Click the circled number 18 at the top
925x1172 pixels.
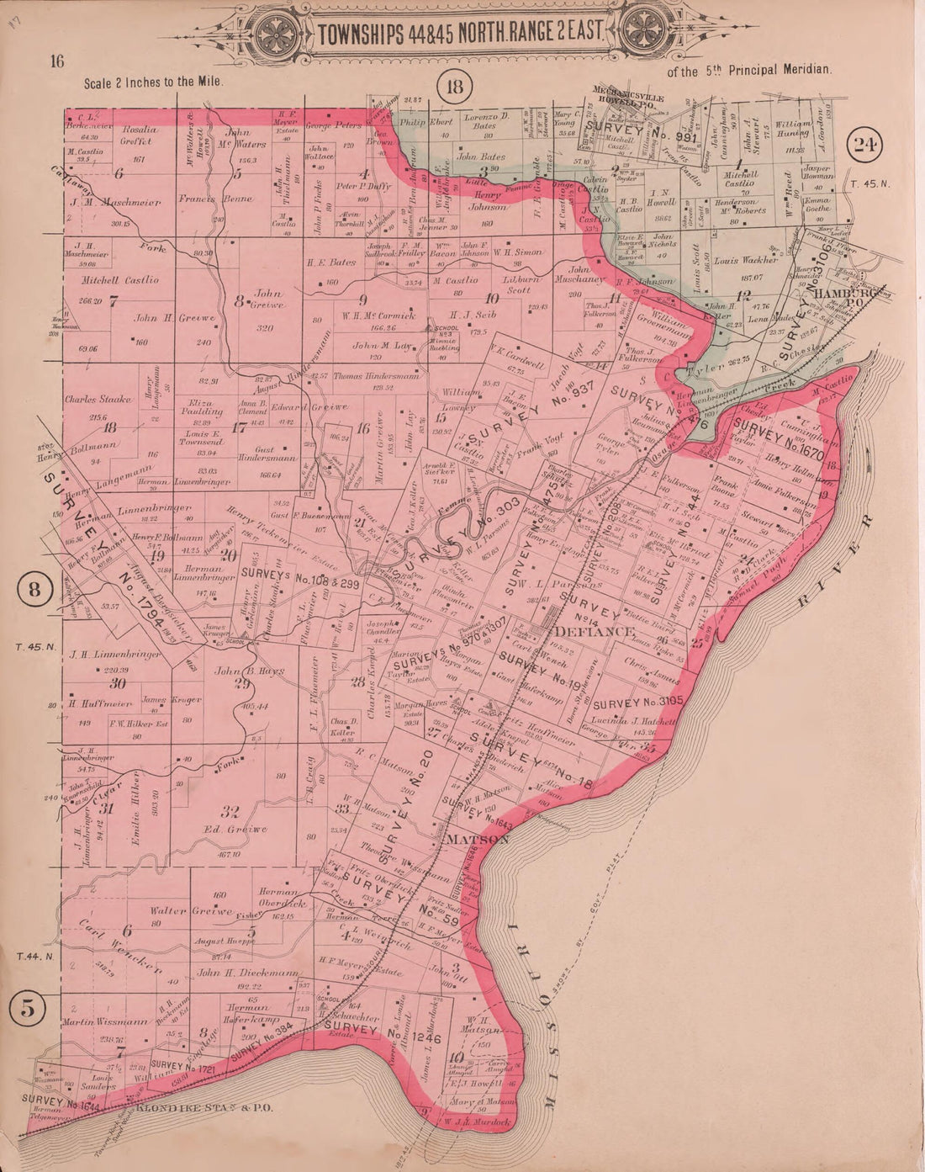(x=456, y=86)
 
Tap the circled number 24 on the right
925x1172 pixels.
(x=865, y=144)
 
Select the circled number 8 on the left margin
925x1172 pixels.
(x=34, y=589)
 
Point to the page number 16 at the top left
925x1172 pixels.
(x=57, y=61)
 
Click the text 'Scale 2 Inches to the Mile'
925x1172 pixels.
(x=153, y=83)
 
